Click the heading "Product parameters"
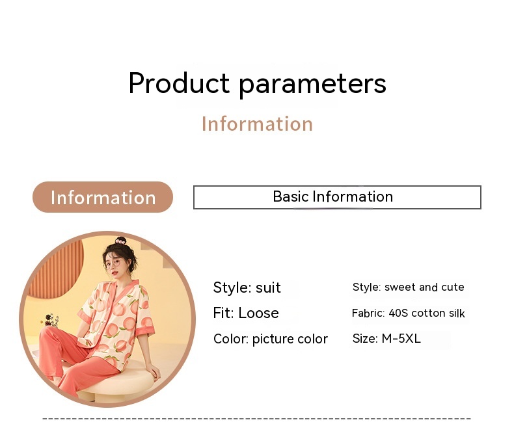258,83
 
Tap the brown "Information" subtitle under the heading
258,124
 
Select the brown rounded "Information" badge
103,197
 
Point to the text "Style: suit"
247,287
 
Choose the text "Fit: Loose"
246,313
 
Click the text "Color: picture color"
271,339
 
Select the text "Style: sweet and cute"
408,287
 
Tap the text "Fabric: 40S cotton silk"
408,313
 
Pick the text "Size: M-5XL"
386,338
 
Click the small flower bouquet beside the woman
51,320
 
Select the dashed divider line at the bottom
256,418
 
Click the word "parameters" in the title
312,84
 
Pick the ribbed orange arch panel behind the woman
56,268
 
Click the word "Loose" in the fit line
258,313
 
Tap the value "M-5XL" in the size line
401,338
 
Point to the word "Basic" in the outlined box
291,196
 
